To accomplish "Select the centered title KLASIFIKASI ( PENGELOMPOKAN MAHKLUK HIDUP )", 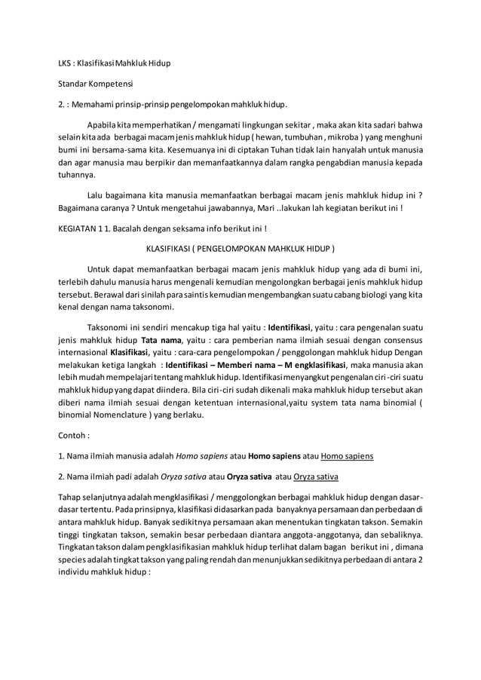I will [x=240, y=247].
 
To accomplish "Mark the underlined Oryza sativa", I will [x=316, y=476].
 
